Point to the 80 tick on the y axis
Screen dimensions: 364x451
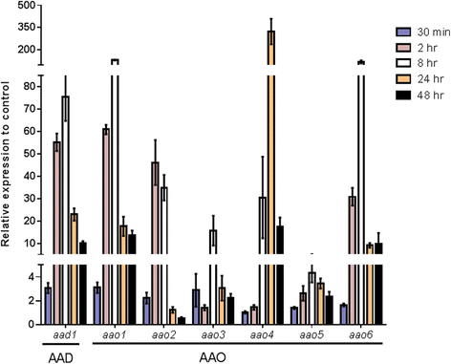tap(29, 86)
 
